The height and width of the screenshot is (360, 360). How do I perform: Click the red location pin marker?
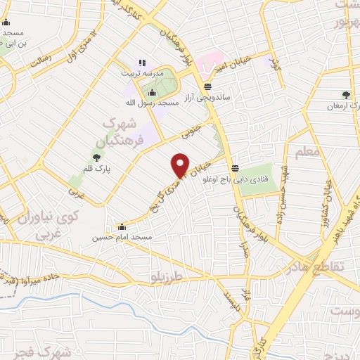(181, 164)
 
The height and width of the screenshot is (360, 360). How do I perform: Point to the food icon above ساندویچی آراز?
(207, 87)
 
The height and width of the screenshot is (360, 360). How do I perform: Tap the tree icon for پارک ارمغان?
(345, 94)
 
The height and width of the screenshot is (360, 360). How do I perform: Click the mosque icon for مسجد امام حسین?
(122, 226)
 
